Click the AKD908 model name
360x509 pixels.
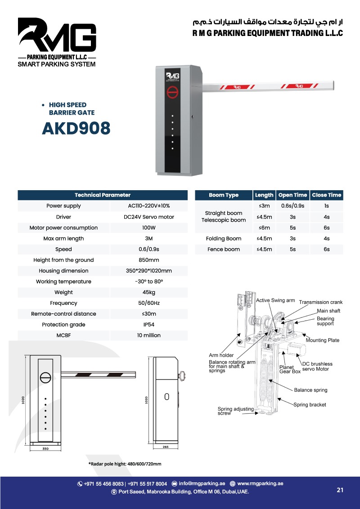pyautogui.click(x=76, y=129)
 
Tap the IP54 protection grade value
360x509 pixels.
pyautogui.click(x=148, y=325)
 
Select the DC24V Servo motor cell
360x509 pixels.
pyautogui.click(x=148, y=217)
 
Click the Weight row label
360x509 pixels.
pyautogui.click(x=63, y=292)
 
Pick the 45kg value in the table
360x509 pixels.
pyautogui.click(x=148, y=292)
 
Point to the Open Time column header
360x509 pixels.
pyautogui.click(x=292, y=195)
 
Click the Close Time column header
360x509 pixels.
pyautogui.click(x=326, y=195)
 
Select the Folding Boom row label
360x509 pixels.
pyautogui.click(x=224, y=238)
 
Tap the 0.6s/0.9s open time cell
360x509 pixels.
pyautogui.click(x=292, y=206)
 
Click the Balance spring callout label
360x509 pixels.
pyautogui.click(x=310, y=390)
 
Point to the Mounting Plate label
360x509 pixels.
pyautogui.click(x=322, y=340)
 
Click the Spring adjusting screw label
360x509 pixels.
pyautogui.click(x=235, y=411)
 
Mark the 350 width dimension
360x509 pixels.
pyautogui.click(x=45, y=448)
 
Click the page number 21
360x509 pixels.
pyautogui.click(x=340, y=490)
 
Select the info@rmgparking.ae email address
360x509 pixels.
pyautogui.click(x=202, y=484)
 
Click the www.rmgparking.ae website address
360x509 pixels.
pyautogui.click(x=260, y=484)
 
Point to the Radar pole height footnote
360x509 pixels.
pyautogui.click(x=125, y=464)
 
